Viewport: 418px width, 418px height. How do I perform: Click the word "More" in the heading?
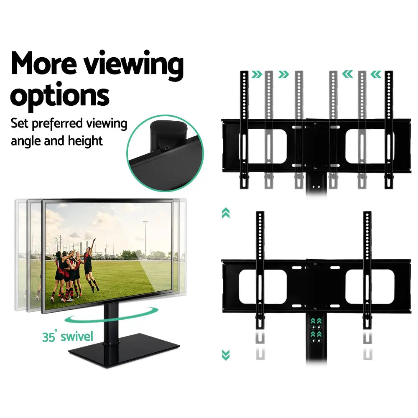click(44, 64)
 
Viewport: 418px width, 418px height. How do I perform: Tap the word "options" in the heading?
click(60, 96)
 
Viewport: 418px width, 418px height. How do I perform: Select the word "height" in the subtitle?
click(85, 141)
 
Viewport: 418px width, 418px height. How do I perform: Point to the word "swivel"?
click(77, 336)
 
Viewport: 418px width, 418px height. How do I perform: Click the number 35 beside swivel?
click(48, 336)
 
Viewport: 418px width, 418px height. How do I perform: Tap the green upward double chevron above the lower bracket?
click(226, 213)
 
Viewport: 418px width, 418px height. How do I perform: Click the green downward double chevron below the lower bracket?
click(226, 355)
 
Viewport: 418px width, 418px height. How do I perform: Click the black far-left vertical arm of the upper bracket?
click(244, 130)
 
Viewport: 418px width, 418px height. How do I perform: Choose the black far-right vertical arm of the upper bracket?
click(389, 130)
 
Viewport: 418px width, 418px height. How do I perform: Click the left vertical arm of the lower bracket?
click(260, 270)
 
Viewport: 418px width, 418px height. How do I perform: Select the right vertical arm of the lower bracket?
click(367, 270)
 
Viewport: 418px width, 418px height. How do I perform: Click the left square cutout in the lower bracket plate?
click(263, 287)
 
